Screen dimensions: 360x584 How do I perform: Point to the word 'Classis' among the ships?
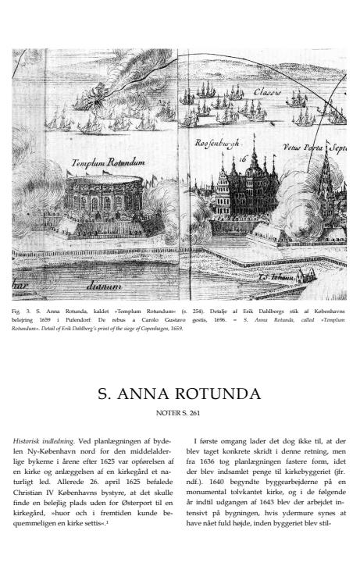(268, 93)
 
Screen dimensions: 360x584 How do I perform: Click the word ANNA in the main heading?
(148, 393)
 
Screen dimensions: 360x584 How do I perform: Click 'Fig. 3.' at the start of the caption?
(20, 311)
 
